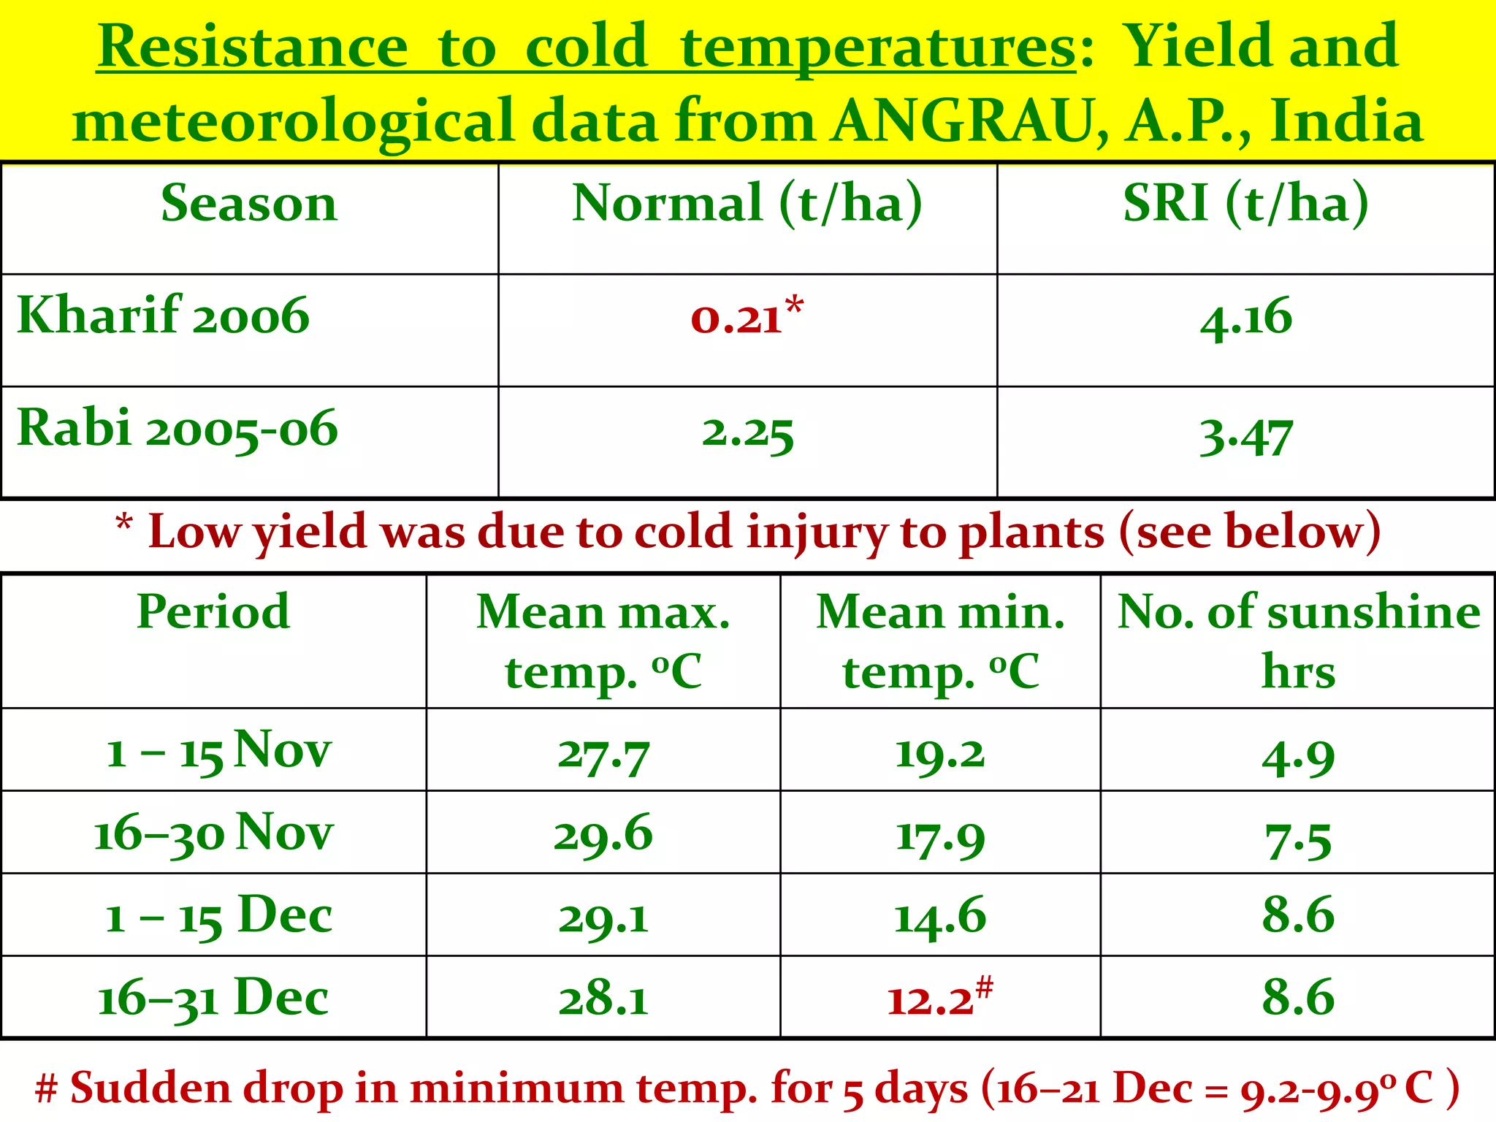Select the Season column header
(249, 203)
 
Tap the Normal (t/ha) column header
(747, 203)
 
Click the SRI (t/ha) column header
(1245, 203)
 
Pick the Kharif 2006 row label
(164, 316)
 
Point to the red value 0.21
(738, 318)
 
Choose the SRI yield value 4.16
(1246, 318)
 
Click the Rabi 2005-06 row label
(178, 429)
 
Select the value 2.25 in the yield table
(747, 434)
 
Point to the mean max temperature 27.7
(603, 755)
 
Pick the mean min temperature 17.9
(940, 837)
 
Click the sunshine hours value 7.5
(1298, 841)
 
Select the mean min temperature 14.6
(940, 917)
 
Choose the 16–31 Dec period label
(213, 998)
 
